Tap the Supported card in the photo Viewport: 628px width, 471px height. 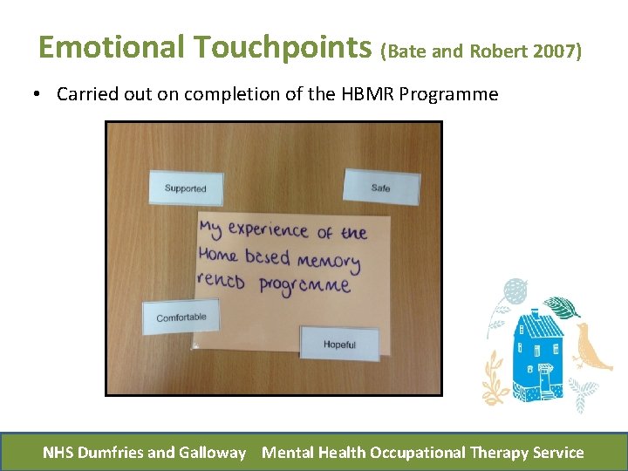[x=185, y=188]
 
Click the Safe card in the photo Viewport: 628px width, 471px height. [x=381, y=187]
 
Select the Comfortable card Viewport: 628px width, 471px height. [x=181, y=317]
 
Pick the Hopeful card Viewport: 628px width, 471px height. [x=339, y=344]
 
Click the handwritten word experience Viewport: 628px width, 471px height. [x=269, y=231]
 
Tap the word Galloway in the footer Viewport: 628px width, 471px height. [x=212, y=452]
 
